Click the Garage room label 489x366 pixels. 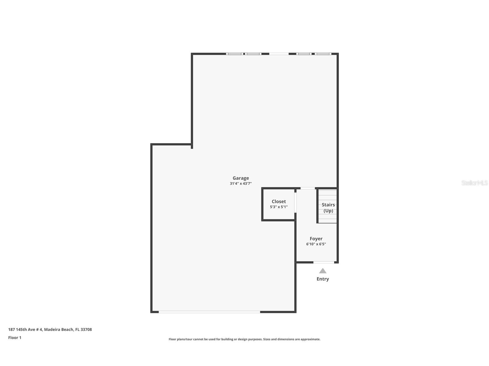[x=241, y=178]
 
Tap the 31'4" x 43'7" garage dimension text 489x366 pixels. [x=241, y=184]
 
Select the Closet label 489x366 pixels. [x=279, y=201]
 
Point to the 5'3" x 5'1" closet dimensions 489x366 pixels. [x=279, y=207]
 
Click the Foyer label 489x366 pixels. [x=316, y=239]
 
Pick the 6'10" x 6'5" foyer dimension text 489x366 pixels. [x=316, y=244]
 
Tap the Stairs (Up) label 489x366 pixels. [x=328, y=207]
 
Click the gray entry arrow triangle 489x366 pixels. [x=322, y=271]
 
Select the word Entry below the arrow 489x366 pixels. [x=322, y=279]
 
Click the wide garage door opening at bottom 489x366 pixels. [x=209, y=312]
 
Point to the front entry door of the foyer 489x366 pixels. [x=324, y=262]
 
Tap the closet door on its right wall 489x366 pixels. [x=295, y=203]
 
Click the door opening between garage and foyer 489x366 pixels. [x=307, y=188]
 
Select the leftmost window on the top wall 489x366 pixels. [x=234, y=54]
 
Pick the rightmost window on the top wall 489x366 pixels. [x=323, y=54]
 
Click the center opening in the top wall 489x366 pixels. [x=279, y=54]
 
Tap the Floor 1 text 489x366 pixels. [x=15, y=338]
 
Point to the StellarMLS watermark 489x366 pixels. [x=474, y=183]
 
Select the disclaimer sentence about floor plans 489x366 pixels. [x=244, y=339]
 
